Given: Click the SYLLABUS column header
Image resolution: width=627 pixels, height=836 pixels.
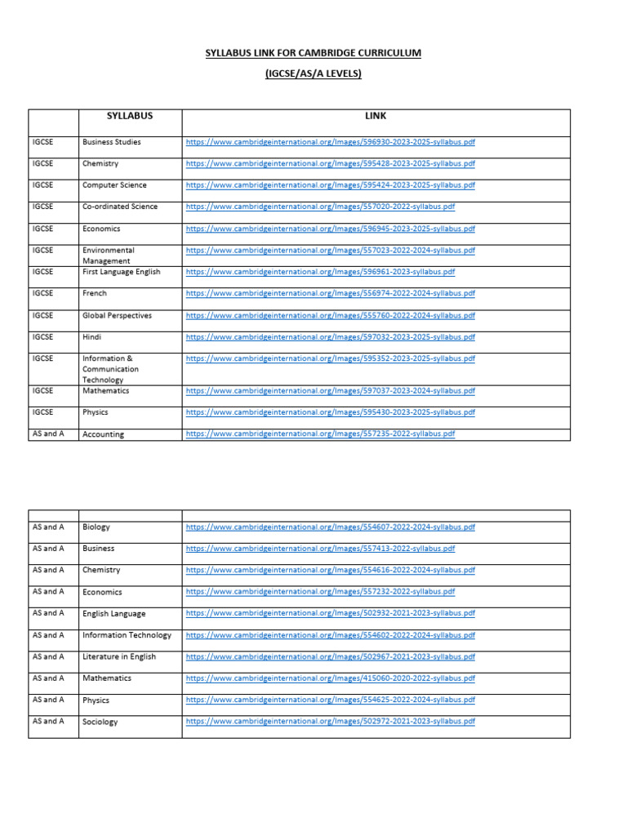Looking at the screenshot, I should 130,116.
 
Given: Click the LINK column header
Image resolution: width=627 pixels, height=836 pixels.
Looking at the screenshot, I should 376,116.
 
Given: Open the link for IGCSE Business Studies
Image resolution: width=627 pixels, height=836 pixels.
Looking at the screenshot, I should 330,142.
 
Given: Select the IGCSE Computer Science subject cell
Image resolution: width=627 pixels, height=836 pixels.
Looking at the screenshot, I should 113,185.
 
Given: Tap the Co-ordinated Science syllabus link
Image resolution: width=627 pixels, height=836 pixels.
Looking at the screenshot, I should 320,207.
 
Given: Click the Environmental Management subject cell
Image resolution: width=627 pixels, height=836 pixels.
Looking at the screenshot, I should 109,256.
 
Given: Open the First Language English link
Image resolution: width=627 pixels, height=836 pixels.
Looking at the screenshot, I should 320,272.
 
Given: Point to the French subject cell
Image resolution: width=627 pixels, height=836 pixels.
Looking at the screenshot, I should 95,293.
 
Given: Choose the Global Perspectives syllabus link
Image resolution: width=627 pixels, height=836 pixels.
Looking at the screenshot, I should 330,315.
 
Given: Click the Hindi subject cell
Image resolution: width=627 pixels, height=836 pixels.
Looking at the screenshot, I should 92,336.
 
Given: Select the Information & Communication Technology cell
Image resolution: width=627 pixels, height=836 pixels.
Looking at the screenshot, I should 110,369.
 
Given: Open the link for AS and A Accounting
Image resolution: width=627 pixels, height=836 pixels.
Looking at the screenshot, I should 320,434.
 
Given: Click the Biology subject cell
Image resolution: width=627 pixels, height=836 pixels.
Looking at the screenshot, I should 96,527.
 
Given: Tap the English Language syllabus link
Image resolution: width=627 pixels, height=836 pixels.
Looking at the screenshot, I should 330,613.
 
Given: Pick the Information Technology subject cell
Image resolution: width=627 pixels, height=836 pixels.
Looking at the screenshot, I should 127,635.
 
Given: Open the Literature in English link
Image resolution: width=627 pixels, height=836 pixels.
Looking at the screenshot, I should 330,656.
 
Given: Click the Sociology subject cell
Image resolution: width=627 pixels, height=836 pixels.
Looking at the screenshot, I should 100,722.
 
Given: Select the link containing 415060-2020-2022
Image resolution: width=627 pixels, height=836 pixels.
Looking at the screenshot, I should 330,678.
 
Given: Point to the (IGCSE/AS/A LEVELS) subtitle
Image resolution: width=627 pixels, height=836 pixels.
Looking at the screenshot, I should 313,74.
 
